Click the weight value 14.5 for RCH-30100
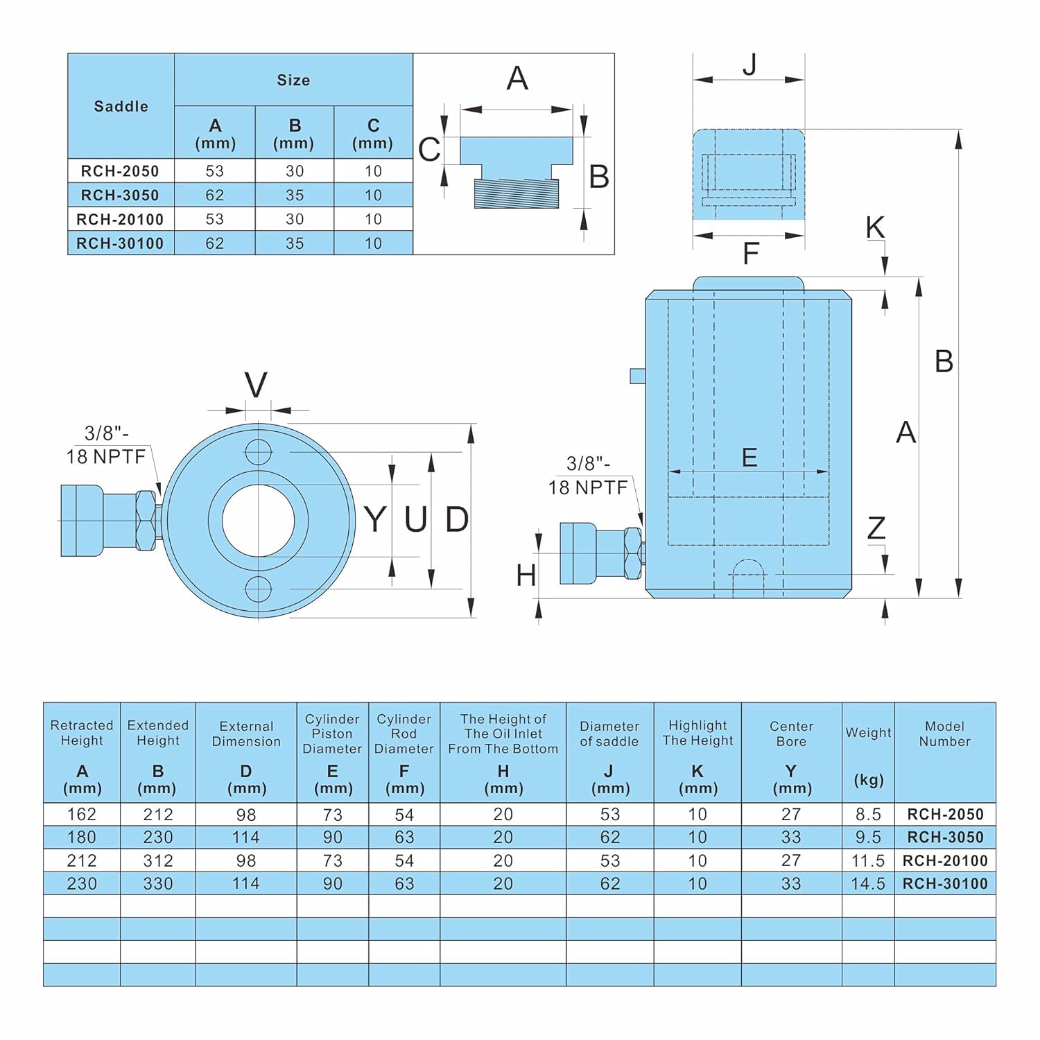pos(868,883)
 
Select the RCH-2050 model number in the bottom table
pos(945,814)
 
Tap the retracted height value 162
pos(82,814)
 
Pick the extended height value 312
pos(158,860)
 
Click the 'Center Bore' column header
pos(791,734)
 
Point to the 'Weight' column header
pos(868,733)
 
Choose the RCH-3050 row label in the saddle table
pos(120,195)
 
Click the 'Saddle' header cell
pos(121,106)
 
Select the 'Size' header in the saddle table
pos(293,80)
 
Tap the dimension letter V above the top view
pos(256,385)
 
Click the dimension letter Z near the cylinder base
pos(876,528)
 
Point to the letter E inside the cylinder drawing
pos(749,458)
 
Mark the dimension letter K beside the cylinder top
pos(875,227)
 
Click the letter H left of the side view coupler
pos(526,575)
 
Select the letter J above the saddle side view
pos(749,64)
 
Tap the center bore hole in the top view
pos(258,521)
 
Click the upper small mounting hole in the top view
pos(258,452)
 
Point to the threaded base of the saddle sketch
pos(517,193)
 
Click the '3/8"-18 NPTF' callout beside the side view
pos(588,476)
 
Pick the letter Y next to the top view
pos(375,519)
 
